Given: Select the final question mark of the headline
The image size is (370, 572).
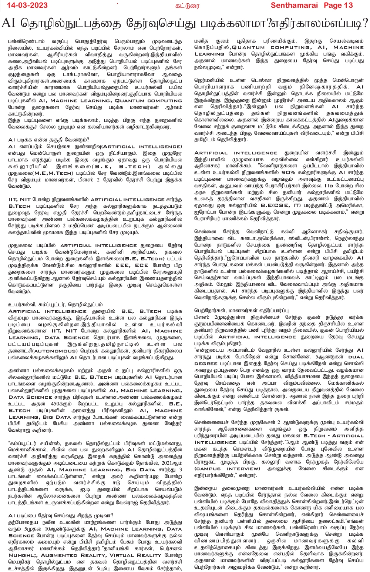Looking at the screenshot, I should pyautogui.click(x=365, y=23).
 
